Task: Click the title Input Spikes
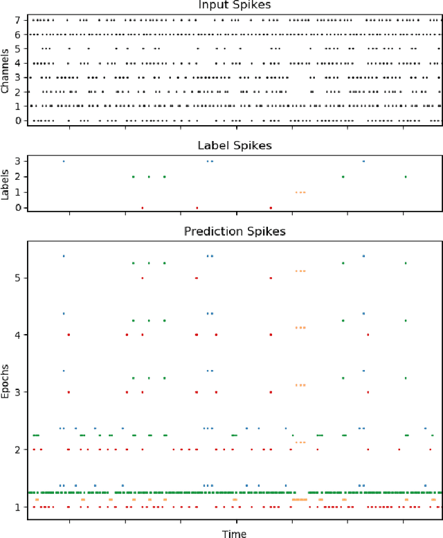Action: pyautogui.click(x=234, y=6)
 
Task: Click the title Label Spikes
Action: pyautogui.click(x=234, y=145)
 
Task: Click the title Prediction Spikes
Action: pyautogui.click(x=234, y=232)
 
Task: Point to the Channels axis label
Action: pyautogui.click(x=6, y=69)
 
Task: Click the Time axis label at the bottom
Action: pyautogui.click(x=234, y=533)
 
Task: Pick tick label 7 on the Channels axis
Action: pyautogui.click(x=19, y=19)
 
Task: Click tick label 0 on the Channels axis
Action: pyautogui.click(x=19, y=121)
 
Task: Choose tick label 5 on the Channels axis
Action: pyautogui.click(x=19, y=48)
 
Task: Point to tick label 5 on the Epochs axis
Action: pyautogui.click(x=19, y=278)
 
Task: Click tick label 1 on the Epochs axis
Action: pyautogui.click(x=19, y=507)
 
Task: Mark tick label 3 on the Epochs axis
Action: pyautogui.click(x=19, y=392)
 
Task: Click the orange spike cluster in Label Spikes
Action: pyautogui.click(x=300, y=192)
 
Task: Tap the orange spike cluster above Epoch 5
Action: pyautogui.click(x=300, y=270)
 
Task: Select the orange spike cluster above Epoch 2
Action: pyautogui.click(x=300, y=442)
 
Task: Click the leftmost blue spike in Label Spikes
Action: pyautogui.click(x=64, y=161)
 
